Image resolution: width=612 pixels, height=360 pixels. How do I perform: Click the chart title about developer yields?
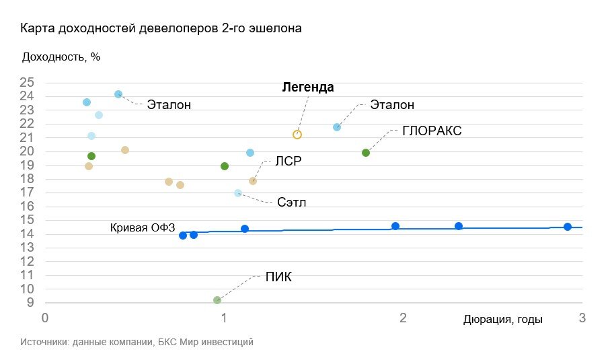coord(161,29)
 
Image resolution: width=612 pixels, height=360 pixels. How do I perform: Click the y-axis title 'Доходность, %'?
coord(61,57)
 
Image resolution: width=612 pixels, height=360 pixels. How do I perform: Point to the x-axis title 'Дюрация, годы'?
coord(502,320)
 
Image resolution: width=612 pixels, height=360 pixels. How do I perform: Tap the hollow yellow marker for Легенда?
coord(297,135)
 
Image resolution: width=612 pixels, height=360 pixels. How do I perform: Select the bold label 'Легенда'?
coord(308,88)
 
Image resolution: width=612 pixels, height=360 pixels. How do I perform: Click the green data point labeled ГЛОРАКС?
coord(366,153)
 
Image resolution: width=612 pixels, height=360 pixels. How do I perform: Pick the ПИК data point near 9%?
coord(217,300)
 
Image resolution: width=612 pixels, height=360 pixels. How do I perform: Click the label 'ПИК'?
coord(278,277)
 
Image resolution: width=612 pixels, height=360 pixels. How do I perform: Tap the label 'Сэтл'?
coord(291,203)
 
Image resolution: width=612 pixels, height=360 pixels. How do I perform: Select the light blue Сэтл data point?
coord(237,193)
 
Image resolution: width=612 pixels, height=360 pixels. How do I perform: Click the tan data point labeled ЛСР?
coord(253,181)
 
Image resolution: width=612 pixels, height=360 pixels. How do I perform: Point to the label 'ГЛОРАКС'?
coord(432,131)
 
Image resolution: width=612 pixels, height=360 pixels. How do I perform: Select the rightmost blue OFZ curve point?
coord(568,227)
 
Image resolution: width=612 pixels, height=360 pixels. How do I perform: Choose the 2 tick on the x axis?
coord(403,318)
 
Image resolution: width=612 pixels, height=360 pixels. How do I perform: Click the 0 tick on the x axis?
coord(45,318)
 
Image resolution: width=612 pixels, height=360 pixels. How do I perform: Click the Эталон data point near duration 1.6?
coord(337,127)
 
